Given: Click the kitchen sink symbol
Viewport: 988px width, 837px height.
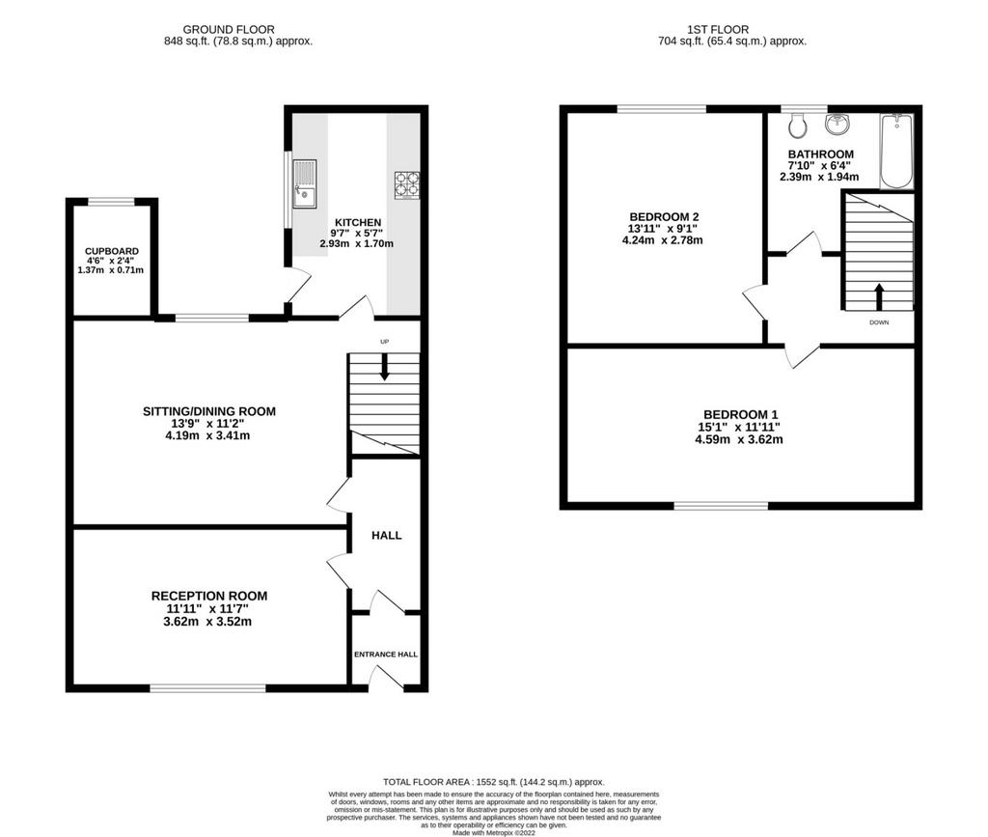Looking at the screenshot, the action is [x=305, y=183].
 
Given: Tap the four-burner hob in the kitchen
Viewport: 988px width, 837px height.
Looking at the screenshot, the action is [x=407, y=185].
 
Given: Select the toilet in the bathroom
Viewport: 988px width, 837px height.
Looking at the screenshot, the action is [x=798, y=126].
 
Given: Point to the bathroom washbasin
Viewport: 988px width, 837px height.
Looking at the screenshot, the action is [x=838, y=125].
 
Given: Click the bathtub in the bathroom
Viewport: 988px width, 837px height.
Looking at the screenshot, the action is [x=896, y=152].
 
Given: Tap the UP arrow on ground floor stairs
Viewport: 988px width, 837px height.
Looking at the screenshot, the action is [x=384, y=366].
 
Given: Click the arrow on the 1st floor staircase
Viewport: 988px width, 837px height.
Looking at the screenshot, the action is [x=879, y=296].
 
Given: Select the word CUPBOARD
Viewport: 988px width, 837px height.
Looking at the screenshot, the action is [x=112, y=251].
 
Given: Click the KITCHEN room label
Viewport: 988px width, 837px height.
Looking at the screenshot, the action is [x=358, y=222].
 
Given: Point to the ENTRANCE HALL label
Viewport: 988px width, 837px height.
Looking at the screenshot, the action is [x=386, y=655].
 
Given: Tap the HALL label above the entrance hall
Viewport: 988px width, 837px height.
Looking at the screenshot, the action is [x=386, y=535].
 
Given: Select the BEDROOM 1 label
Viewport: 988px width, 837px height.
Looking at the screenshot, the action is [x=741, y=415].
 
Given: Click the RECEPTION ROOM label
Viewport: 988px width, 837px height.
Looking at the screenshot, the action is [x=209, y=596].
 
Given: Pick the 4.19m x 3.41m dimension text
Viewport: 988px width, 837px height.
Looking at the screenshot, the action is [x=208, y=435].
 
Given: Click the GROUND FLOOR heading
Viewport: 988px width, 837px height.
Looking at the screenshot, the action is [x=229, y=30].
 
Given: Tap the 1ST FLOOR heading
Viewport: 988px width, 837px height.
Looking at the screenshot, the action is [x=718, y=30].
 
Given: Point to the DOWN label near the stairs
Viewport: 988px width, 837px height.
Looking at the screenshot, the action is [x=879, y=322].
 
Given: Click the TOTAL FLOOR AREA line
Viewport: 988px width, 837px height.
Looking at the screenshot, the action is [x=494, y=782].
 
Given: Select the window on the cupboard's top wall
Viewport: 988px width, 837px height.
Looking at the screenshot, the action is [x=111, y=203].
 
